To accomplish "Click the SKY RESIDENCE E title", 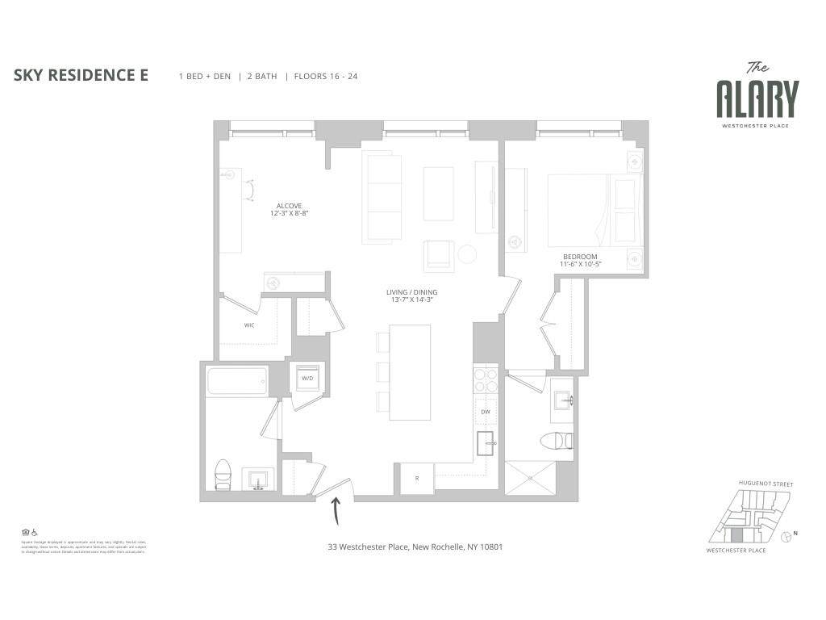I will coord(81,76).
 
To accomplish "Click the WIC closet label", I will coord(249,325).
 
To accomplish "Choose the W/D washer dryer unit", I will coord(307,378).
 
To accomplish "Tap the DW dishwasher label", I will coord(486,412).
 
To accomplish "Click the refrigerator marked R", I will coord(417,478).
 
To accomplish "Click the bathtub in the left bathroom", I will coord(237,382).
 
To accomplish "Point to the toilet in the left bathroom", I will coord(223,475).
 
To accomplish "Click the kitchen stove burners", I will coord(486,379).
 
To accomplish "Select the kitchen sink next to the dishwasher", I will coord(486,442).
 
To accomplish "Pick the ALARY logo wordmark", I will coord(757,99).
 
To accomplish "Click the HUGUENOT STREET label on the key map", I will coord(766,484).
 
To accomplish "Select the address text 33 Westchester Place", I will coord(415,547).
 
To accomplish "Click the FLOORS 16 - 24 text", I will coord(326,77).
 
